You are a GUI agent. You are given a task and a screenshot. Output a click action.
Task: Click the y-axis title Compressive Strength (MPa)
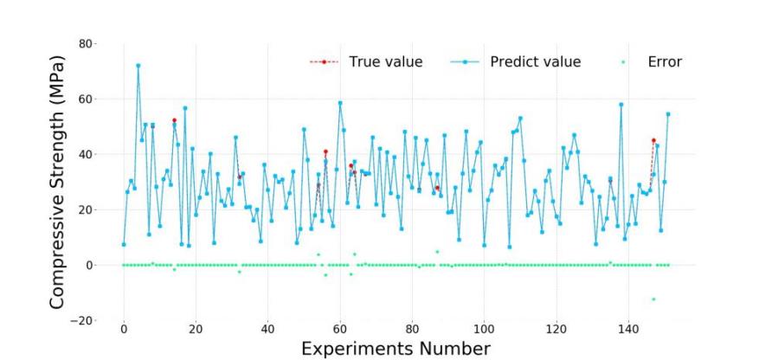57,179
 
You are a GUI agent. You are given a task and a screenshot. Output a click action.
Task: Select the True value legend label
385,61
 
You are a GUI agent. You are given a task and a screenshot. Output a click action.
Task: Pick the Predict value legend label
535,61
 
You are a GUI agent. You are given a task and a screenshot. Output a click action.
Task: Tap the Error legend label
665,61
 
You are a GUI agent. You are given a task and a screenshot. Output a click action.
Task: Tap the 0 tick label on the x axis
124,330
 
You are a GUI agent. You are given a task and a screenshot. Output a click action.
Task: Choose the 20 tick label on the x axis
196,330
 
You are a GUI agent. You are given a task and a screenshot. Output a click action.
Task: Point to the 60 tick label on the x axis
340,330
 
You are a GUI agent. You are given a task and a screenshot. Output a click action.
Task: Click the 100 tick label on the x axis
484,330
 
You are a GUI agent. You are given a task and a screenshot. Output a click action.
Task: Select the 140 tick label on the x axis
628,330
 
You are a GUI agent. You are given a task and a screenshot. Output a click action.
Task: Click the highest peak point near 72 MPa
138,66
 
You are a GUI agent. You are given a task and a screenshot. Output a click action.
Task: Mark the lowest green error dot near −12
653,299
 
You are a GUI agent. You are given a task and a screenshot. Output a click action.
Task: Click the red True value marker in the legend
324,61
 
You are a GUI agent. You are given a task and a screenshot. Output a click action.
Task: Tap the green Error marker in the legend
622,61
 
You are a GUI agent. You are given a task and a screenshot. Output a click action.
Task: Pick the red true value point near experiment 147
653,140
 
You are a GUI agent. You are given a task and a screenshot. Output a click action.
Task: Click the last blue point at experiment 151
667,113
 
